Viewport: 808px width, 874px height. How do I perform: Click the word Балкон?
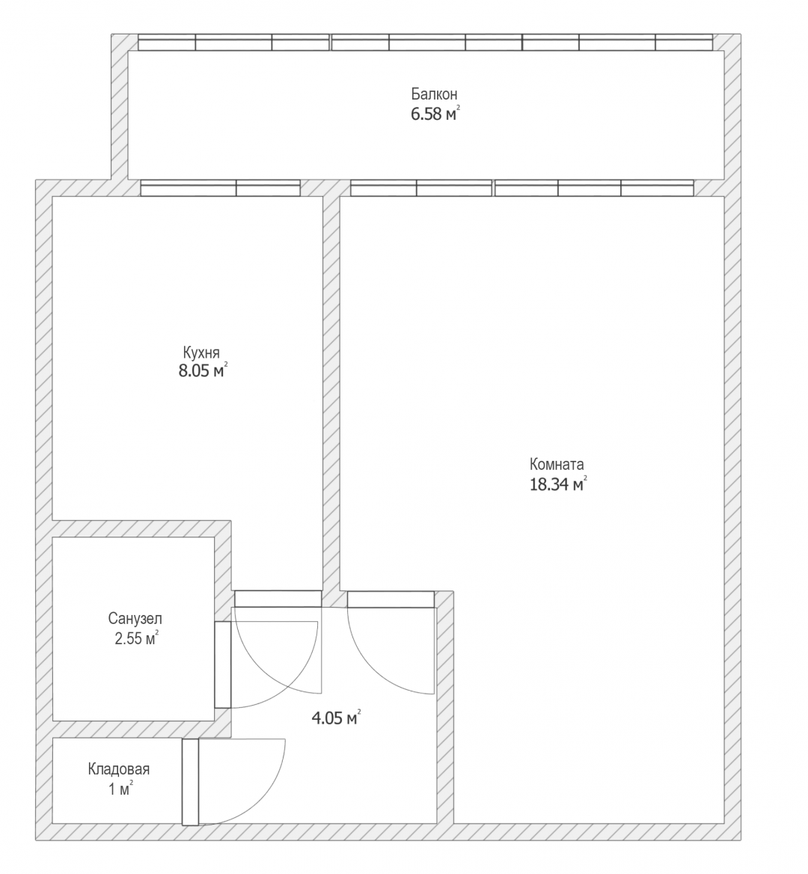[434, 94]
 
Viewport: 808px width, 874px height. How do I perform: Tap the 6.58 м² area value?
[435, 114]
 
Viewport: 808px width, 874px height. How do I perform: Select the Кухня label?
[201, 352]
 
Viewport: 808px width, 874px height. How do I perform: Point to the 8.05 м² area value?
[203, 370]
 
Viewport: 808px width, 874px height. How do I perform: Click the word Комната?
[557, 464]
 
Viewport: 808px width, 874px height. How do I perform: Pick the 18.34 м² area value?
[558, 484]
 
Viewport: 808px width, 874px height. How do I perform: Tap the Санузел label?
[135, 618]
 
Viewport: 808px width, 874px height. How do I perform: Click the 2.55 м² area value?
[136, 638]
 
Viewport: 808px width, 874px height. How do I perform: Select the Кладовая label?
[119, 769]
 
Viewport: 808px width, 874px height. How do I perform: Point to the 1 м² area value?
[120, 789]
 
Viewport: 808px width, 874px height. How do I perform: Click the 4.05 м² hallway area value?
[336, 718]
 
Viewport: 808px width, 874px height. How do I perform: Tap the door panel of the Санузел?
[223, 664]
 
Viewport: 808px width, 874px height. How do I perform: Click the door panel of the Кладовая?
[191, 782]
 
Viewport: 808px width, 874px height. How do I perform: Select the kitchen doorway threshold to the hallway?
[278, 599]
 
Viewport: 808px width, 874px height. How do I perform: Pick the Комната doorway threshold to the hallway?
[391, 599]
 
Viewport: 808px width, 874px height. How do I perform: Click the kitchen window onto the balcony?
[220, 188]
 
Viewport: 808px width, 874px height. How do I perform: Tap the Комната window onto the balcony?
[522, 188]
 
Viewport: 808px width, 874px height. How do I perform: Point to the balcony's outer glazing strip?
[426, 43]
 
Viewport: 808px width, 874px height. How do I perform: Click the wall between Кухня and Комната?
[331, 393]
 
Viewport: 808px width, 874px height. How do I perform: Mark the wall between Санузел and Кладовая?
[134, 730]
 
